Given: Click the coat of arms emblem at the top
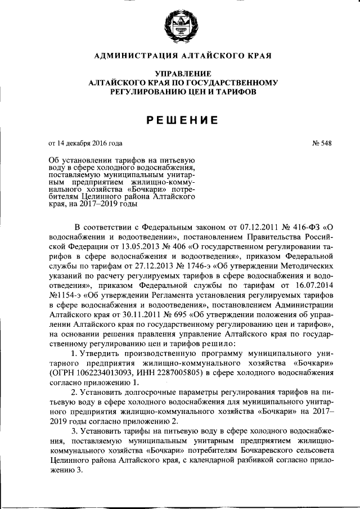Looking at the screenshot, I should click(x=180, y=25).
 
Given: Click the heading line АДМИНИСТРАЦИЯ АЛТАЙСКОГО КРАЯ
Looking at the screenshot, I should click(x=180, y=55).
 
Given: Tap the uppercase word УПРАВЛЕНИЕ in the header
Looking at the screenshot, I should click(x=180, y=74).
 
